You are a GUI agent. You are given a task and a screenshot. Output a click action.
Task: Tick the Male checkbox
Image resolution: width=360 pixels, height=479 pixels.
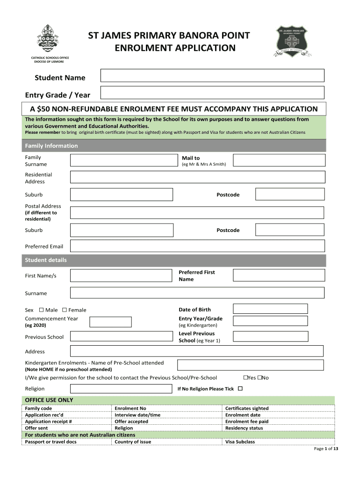41,310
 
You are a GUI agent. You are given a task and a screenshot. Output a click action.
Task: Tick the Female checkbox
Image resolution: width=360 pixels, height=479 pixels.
65,310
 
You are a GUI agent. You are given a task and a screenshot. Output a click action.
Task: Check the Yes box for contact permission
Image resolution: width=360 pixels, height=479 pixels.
245,377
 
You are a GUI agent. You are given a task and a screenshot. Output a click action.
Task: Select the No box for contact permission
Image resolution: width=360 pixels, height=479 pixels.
260,377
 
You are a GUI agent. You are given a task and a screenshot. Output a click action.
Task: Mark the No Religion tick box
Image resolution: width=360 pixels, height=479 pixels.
240,389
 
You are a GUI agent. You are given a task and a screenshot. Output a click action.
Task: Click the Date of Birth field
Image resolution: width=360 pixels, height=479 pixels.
270,309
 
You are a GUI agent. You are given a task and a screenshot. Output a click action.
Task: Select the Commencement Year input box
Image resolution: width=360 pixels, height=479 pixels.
110,322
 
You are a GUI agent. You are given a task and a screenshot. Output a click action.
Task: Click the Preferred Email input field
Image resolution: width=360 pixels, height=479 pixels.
197,246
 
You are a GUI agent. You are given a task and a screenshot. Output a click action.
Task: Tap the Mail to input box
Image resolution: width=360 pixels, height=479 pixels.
279,160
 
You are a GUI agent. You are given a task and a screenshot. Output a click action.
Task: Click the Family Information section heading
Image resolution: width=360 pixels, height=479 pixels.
51,146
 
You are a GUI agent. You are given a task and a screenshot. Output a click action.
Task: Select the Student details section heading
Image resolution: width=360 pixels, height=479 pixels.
46,260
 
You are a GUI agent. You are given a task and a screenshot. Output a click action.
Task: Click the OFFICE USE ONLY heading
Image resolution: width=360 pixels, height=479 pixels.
49,400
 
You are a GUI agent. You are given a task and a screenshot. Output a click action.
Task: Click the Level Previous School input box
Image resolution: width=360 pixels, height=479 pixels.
270,336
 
